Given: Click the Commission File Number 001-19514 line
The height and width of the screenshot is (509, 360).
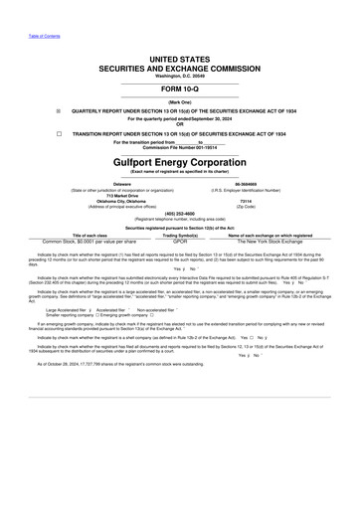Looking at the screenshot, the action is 180,147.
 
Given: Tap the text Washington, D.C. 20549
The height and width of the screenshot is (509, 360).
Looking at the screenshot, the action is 180,77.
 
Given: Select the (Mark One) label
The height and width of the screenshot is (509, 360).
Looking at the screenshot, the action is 180,102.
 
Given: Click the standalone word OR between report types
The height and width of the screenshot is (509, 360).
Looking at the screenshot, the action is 180,123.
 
